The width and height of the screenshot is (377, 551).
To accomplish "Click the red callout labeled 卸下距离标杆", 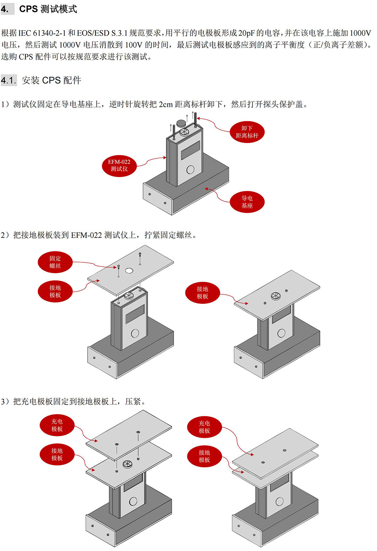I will point(247,132).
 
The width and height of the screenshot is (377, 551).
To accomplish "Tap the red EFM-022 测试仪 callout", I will point(119,165).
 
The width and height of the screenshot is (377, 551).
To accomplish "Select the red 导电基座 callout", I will point(247,202).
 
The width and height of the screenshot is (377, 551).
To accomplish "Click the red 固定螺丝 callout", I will point(55,262).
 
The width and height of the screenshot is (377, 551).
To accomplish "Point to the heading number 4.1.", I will point(9,80).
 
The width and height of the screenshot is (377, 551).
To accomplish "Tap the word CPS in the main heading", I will point(28,9).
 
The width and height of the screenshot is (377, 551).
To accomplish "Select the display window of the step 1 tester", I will point(190,150).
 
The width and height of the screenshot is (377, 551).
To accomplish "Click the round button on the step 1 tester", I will point(191,169).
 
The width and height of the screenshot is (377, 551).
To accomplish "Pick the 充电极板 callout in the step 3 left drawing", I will point(57,425).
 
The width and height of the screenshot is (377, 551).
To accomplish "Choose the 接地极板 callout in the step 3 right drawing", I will point(204,456).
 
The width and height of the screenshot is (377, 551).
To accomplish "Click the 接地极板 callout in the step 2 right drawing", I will point(203,293).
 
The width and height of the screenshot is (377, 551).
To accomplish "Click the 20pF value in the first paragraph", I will point(246,33).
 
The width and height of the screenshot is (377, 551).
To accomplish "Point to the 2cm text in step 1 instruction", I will point(166,104).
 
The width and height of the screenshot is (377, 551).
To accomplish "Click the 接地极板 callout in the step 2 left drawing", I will point(55,291).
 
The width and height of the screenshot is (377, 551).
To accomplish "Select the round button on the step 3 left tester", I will point(133,501).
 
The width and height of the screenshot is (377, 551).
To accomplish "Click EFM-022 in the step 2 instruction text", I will point(87,235).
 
